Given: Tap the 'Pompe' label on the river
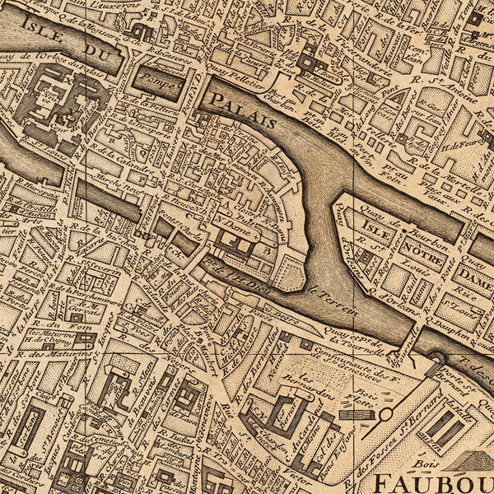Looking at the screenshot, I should pyautogui.click(x=161, y=81).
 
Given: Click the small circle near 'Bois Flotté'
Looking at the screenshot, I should pyautogui.click(x=385, y=414).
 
